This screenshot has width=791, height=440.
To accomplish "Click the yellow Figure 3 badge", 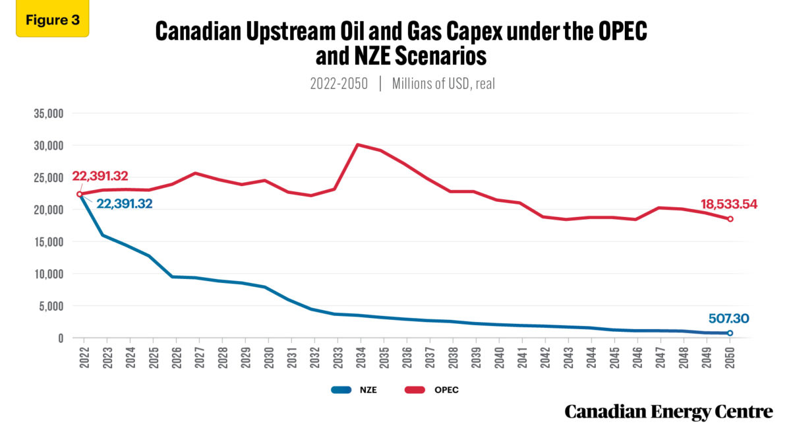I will point(52,19).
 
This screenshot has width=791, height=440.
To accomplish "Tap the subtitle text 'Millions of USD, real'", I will point(443,84).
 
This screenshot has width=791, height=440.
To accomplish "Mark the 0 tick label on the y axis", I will point(59,338).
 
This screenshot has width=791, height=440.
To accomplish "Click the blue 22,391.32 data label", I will point(125,204).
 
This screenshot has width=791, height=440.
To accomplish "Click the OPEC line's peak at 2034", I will point(357,144).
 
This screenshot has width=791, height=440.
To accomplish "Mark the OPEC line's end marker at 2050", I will point(730,219).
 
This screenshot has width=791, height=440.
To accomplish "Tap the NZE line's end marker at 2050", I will point(730,333).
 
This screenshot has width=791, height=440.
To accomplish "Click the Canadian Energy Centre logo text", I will point(668,412).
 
